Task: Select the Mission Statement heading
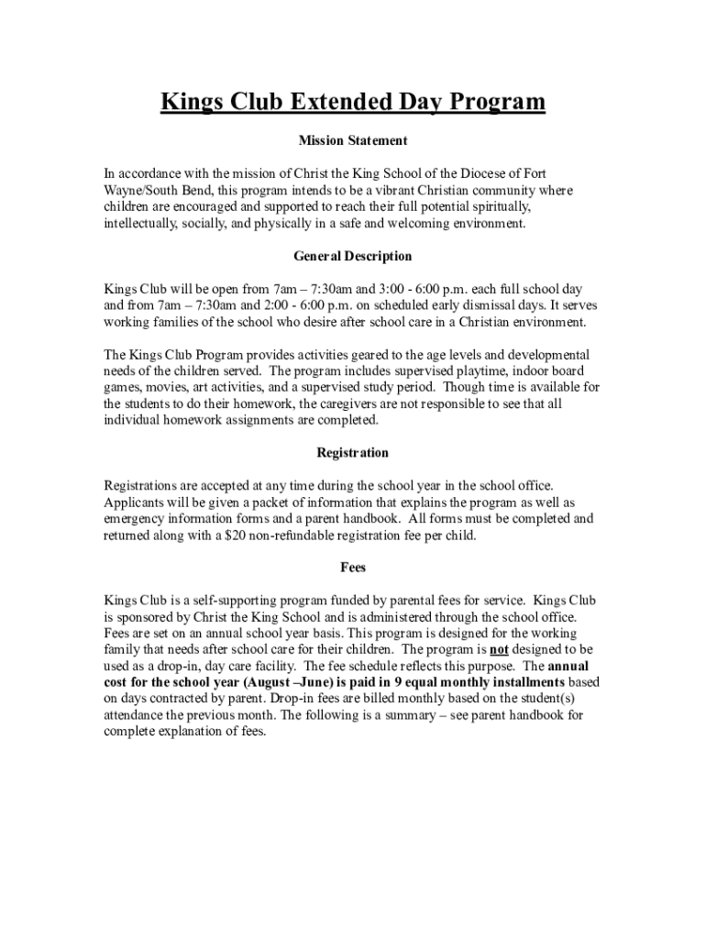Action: click(353, 141)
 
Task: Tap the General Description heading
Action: click(353, 256)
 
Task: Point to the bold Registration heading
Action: click(353, 453)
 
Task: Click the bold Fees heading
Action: click(353, 568)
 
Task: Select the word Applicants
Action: click(133, 503)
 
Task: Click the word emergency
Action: click(134, 519)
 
